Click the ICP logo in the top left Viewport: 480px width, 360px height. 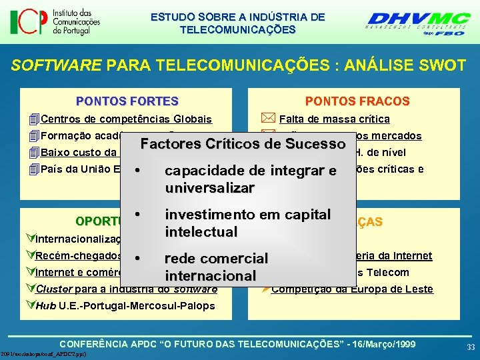[55, 22]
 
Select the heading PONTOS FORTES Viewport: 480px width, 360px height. [127, 101]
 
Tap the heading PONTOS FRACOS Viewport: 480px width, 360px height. [357, 101]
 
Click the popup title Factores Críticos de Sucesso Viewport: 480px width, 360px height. [243, 144]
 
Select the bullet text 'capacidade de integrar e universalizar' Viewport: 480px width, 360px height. [251, 179]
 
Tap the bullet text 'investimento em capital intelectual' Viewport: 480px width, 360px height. [248, 223]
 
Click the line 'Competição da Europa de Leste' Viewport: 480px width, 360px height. [352, 289]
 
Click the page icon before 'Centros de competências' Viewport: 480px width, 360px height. [34, 119]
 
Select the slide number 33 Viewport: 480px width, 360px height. [471, 347]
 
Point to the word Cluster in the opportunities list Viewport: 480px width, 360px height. [53, 289]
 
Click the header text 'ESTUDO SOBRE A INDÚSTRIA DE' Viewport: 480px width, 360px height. [238, 16]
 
